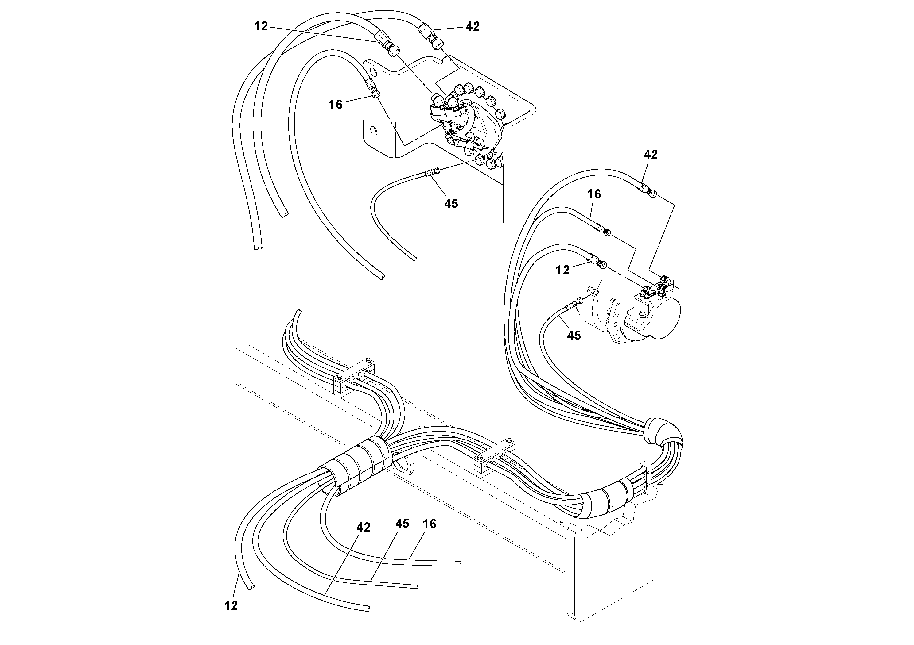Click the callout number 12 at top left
261,26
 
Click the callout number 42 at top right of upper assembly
473,26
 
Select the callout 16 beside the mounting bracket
335,105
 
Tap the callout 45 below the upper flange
451,204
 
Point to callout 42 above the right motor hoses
651,155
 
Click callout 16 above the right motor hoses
594,194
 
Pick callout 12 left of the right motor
562,270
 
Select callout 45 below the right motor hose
574,336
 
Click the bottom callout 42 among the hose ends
363,527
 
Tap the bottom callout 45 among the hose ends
402,524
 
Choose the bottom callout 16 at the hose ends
430,524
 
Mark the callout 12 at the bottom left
231,606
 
